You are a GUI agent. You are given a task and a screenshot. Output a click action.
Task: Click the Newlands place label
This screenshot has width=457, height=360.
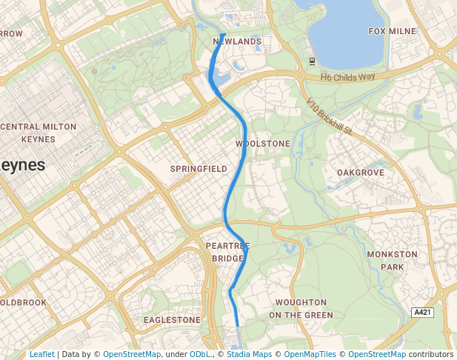237,41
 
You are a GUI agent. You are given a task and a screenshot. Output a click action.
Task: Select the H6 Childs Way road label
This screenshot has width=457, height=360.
347,77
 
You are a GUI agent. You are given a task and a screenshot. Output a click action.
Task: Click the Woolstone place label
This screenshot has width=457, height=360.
262,143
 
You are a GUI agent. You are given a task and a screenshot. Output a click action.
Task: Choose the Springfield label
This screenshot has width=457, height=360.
199,169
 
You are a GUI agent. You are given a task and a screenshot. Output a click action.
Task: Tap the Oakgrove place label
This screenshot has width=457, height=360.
361,173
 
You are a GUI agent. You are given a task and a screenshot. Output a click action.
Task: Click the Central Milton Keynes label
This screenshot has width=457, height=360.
39,133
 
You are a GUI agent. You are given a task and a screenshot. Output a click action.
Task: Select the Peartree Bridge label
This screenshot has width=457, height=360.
227,252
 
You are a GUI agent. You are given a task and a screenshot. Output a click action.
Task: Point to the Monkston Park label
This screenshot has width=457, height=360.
392,260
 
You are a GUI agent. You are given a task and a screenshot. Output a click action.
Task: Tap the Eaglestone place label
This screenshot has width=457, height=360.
172,320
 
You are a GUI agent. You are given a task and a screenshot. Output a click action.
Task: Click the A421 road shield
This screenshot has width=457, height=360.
422,313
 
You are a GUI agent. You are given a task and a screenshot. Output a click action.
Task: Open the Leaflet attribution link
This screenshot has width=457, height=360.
41,355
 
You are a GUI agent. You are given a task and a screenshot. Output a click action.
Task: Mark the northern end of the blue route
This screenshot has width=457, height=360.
224,34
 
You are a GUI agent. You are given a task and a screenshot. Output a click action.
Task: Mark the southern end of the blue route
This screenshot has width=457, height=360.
237,325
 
